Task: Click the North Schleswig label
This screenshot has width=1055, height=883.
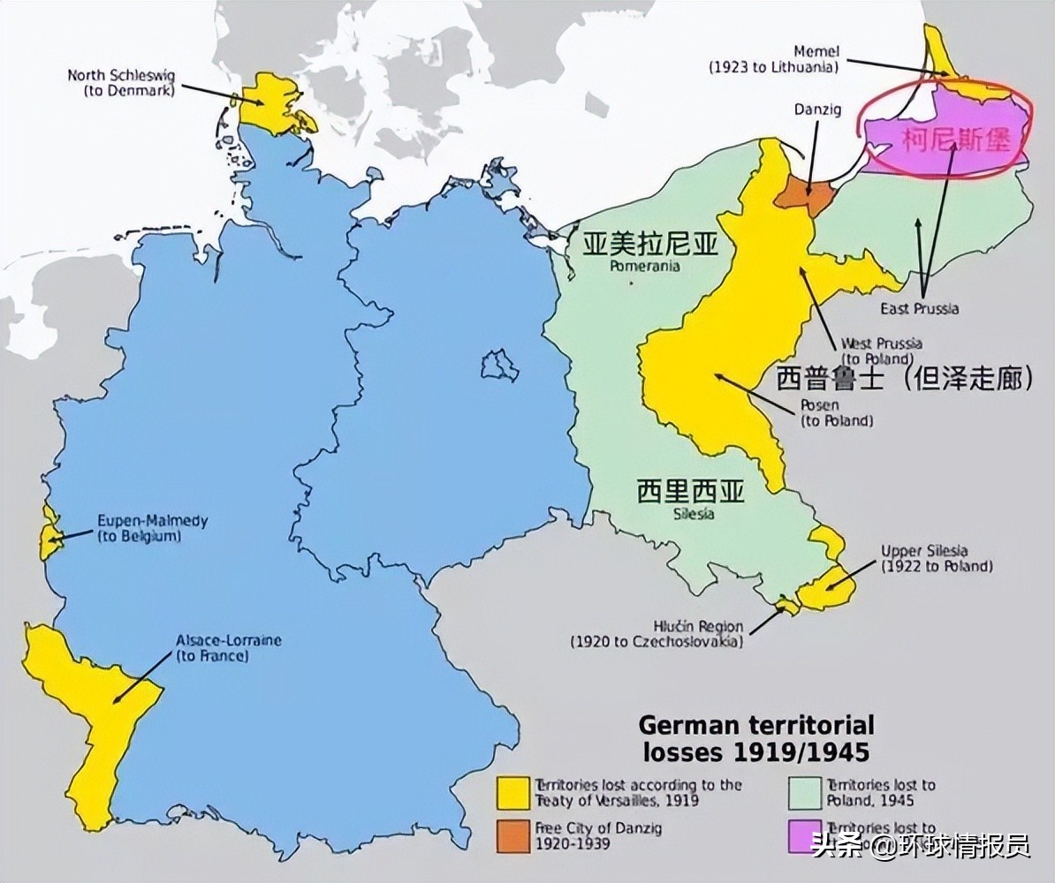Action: (121, 82)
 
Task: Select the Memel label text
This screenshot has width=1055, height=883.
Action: (774, 59)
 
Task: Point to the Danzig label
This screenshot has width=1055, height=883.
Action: (816, 109)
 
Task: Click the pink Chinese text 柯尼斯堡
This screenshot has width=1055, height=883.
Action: (954, 140)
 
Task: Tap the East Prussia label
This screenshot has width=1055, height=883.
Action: (919, 308)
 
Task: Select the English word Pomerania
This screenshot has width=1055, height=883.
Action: (645, 266)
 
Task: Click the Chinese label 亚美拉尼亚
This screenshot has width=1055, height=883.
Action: (649, 245)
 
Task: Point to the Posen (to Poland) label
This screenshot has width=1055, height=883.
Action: (836, 412)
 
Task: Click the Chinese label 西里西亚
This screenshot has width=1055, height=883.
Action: (690, 492)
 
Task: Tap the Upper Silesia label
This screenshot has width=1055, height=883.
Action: (936, 558)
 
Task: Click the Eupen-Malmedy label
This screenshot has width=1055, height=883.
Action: (152, 528)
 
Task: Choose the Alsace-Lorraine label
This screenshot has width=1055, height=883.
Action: (228, 647)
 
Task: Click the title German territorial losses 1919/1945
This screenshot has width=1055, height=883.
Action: (755, 738)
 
